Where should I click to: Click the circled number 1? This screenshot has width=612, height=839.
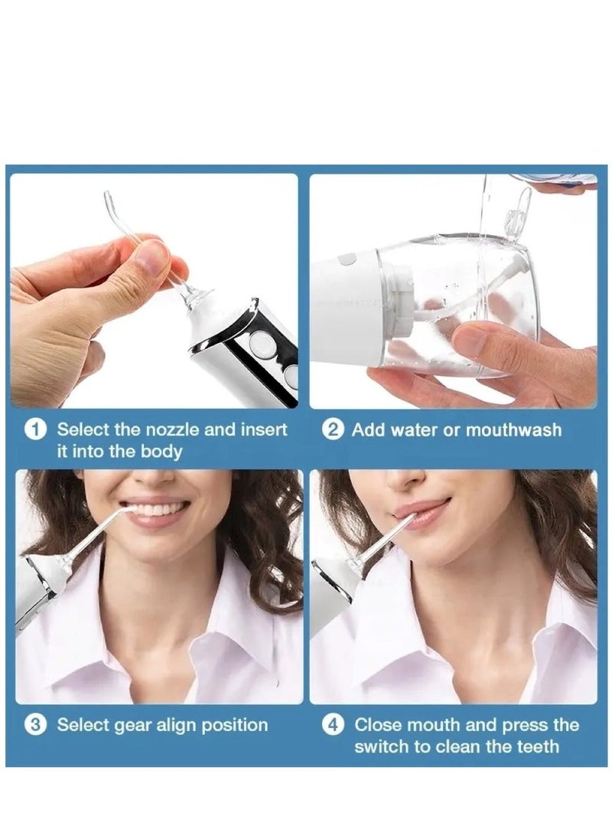click(35, 429)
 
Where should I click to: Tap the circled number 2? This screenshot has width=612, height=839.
click(333, 429)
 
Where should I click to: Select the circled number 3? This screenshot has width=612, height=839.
click(35, 725)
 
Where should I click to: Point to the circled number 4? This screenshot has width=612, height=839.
click(333, 725)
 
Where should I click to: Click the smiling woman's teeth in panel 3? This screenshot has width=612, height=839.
click(159, 509)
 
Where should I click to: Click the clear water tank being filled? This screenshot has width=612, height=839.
click(459, 306)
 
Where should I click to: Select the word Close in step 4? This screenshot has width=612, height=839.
click(379, 725)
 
